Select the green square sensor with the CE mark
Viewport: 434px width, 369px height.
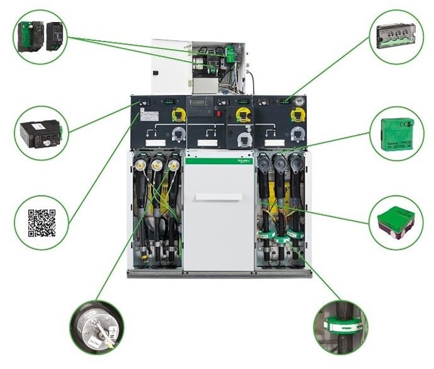396,135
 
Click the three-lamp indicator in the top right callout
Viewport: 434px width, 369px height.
396,35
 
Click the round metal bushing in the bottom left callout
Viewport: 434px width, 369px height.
96,326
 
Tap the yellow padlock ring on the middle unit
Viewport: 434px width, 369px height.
240,113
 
